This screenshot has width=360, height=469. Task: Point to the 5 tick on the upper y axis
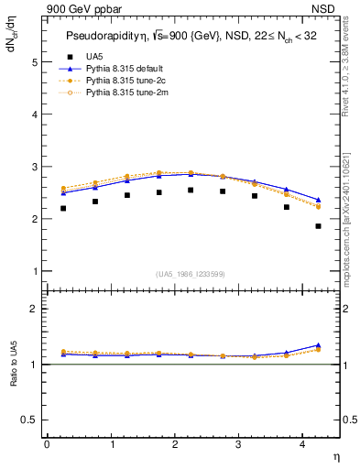pos(36,62)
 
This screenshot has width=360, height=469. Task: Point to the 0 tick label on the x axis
pos(47,444)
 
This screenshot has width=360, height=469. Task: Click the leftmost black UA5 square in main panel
pos(63,208)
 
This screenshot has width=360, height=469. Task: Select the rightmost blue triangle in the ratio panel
pos(318,345)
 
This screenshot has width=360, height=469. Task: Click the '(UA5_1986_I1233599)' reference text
pos(191,275)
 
